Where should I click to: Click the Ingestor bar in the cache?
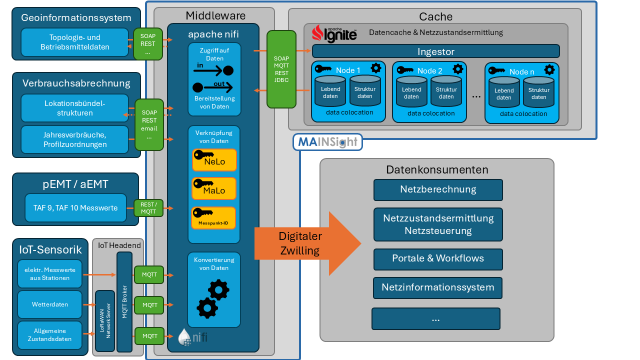[435, 51]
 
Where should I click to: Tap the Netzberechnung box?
[438, 189]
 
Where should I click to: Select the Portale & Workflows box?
[438, 258]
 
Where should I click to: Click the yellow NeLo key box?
[214, 160]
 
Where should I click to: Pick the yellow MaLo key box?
[214, 188]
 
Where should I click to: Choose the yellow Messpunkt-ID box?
[213, 217]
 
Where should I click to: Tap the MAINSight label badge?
[327, 142]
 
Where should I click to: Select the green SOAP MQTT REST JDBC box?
[281, 69]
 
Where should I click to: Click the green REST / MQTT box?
[148, 208]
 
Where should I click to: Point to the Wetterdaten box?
[49, 304]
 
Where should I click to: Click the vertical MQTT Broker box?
[124, 302]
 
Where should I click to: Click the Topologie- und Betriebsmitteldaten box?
[75, 42]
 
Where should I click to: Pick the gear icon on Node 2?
[457, 69]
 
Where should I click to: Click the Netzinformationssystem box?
[438, 287]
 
